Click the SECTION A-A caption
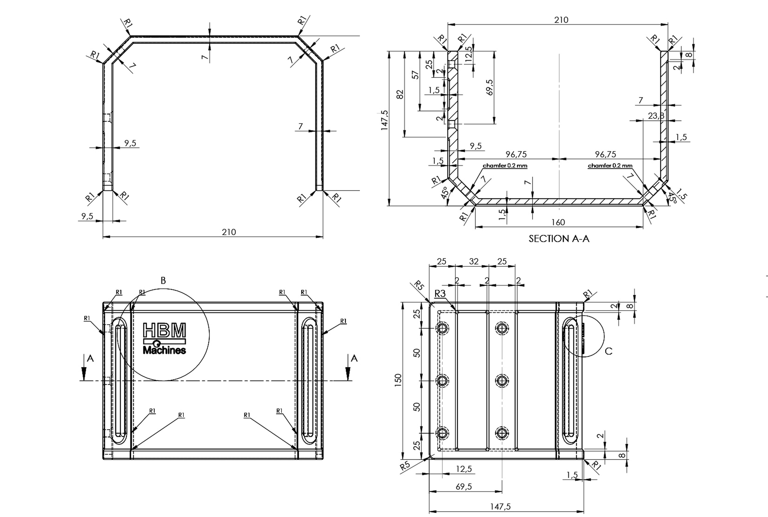tap(559, 238)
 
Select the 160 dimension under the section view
tap(558, 222)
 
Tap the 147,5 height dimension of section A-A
tap(385, 120)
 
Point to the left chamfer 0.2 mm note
tap(505, 166)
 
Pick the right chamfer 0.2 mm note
tap(610, 166)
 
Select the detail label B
tap(163, 281)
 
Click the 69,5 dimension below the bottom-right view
tap(464, 486)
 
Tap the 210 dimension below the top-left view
tap(229, 232)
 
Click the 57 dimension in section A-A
tap(416, 75)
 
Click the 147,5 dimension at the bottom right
tap(500, 506)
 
